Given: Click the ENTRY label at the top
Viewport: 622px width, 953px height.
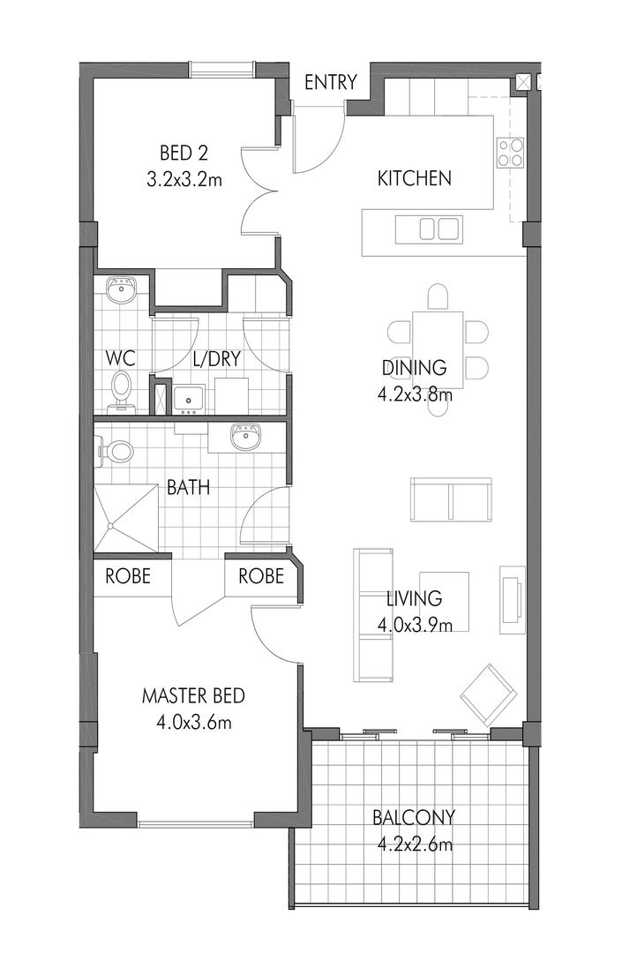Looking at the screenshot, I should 330,83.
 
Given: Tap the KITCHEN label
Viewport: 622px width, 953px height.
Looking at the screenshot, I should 414,178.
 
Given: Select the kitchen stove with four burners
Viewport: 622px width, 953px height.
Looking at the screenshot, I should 511,152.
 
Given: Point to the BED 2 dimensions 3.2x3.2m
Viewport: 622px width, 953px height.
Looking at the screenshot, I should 184,181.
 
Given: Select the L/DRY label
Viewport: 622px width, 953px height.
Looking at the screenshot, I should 216,360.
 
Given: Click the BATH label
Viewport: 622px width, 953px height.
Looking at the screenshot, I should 188,486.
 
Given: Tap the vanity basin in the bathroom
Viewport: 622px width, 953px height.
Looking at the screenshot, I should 243,436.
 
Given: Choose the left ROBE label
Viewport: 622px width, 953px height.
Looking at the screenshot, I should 128,576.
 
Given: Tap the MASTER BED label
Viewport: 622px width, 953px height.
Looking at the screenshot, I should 193,697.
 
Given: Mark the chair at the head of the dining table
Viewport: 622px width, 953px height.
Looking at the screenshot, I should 438,295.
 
